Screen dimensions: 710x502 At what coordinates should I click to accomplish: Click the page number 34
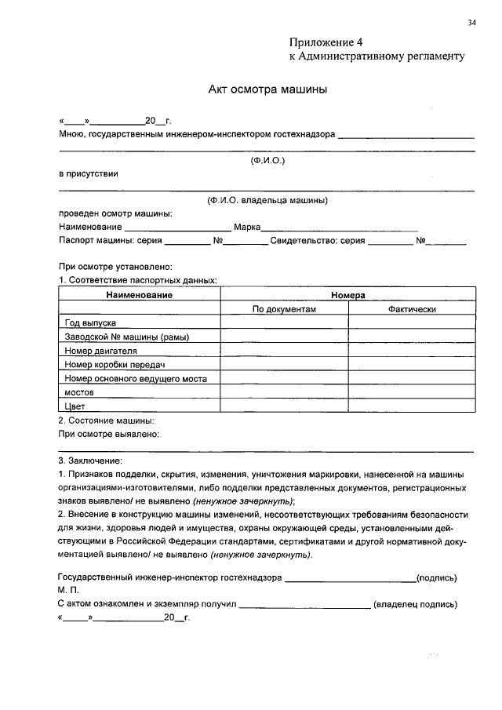471,23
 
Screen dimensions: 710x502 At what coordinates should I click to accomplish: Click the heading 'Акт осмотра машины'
267,89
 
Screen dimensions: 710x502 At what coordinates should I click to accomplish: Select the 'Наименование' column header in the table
140,295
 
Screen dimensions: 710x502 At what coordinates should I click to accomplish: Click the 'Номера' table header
347,295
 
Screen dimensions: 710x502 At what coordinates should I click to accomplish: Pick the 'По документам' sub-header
284,309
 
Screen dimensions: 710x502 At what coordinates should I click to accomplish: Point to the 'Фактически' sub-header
411,309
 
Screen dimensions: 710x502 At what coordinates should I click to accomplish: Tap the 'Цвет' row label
75,406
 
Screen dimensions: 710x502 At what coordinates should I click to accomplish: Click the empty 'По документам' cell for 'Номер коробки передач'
284,365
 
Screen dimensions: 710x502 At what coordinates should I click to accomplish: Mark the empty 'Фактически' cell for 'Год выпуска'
411,322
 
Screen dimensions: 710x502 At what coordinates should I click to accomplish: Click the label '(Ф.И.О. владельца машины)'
267,201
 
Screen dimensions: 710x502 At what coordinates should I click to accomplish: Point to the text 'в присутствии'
89,174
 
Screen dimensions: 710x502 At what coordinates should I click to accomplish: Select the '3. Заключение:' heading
90,461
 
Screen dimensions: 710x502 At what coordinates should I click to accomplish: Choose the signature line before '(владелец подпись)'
304,606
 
